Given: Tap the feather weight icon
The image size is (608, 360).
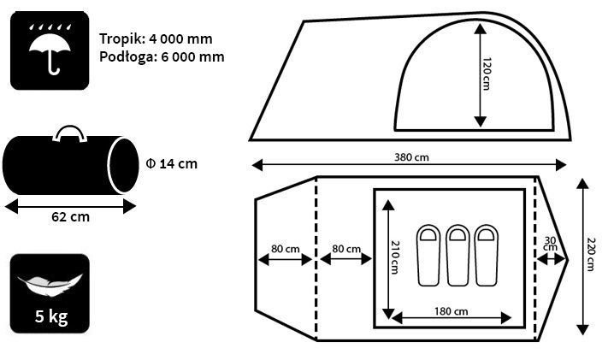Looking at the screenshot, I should [x=50, y=283].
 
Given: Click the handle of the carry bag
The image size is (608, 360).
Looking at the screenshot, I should [x=70, y=133].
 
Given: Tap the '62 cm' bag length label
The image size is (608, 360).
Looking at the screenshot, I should [x=70, y=216].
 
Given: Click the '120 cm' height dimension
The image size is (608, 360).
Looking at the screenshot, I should [x=487, y=75].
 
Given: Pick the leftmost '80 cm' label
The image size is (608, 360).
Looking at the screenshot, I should [x=285, y=249].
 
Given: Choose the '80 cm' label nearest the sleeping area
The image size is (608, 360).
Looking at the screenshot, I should [x=345, y=249].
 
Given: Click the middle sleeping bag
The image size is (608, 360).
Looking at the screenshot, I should [x=457, y=255].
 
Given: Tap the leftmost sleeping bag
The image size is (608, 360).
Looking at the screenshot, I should [x=428, y=255].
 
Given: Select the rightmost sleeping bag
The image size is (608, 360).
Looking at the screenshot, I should [x=487, y=255].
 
